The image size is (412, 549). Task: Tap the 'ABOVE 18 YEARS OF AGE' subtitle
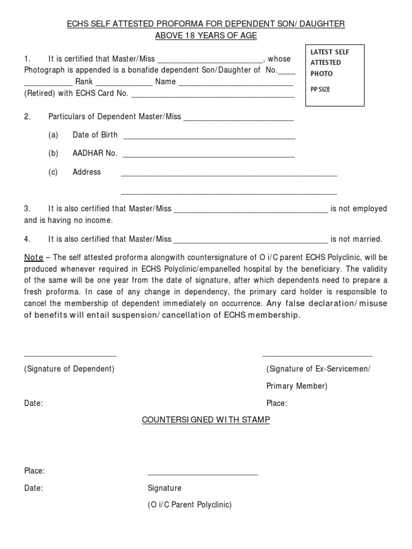206,36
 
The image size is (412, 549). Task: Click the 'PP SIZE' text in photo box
320,90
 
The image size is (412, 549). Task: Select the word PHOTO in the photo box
321,73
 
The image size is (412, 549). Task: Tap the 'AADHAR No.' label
94,153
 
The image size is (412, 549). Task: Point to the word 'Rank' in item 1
84,82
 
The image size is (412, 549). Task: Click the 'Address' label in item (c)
86,172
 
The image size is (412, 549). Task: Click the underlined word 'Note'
33,257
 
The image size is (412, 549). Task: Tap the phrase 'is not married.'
356,239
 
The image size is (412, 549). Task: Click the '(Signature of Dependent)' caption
69,369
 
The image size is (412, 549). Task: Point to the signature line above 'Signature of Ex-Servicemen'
317,355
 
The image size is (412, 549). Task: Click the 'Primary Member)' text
297,386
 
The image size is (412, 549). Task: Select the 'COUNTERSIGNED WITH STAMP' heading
206,420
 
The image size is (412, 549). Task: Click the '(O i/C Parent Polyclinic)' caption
190,505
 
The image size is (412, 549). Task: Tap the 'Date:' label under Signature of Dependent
33,403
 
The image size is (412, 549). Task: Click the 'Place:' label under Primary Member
277,403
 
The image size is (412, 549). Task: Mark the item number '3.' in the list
27,209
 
